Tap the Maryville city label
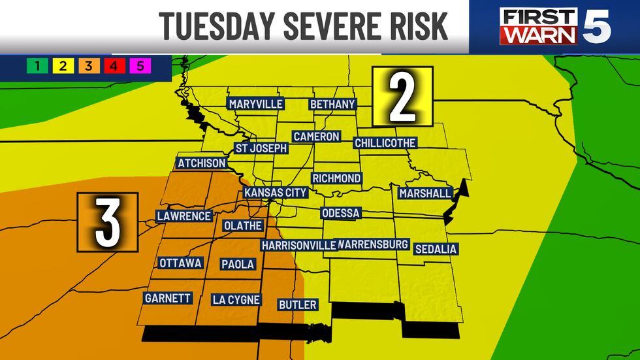255,104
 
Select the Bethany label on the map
332,104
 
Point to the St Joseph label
261,148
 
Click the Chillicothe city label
385,142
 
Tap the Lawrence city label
184,216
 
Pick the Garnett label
168,299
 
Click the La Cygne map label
236,300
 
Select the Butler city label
297,304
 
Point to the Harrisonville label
298,245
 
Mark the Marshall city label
425,193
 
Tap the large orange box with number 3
108,222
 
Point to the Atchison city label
201,163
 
